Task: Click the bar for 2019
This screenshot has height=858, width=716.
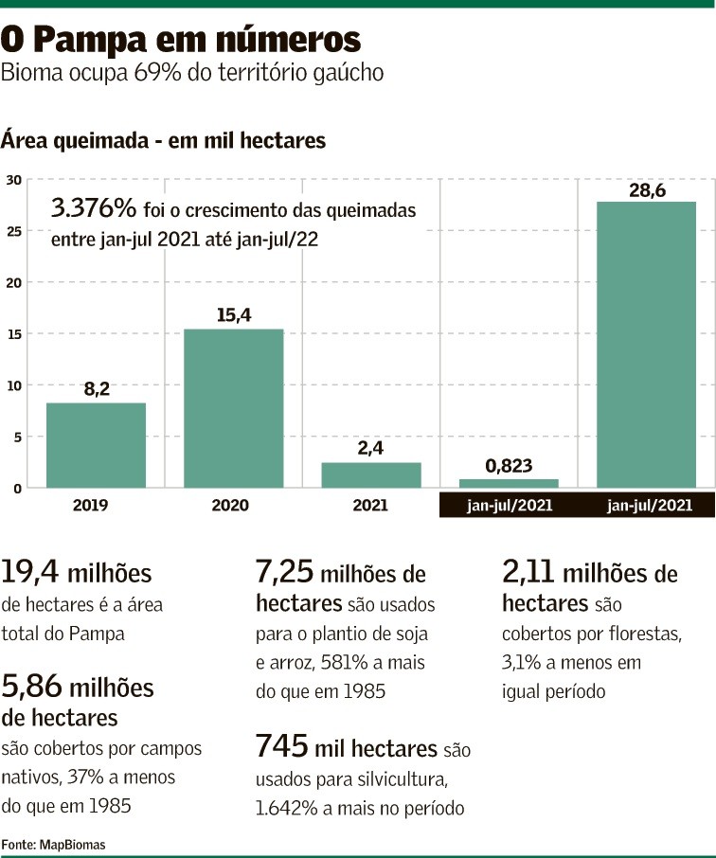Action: point(96,445)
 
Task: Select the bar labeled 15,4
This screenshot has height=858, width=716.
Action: point(233,408)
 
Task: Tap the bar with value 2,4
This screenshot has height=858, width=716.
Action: point(370,474)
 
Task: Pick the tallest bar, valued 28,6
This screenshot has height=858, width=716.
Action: point(646,345)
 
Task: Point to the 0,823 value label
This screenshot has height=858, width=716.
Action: point(508,465)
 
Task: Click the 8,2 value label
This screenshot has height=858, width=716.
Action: point(96,388)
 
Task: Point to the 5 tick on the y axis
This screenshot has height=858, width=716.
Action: point(13,437)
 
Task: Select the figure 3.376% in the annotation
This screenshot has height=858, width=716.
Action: point(94,208)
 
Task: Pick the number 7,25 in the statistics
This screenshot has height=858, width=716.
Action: point(284,574)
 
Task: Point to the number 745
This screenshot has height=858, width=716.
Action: point(281,747)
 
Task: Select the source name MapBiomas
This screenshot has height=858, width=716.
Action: point(73,843)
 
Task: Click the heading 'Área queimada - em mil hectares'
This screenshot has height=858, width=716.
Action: point(163,140)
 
